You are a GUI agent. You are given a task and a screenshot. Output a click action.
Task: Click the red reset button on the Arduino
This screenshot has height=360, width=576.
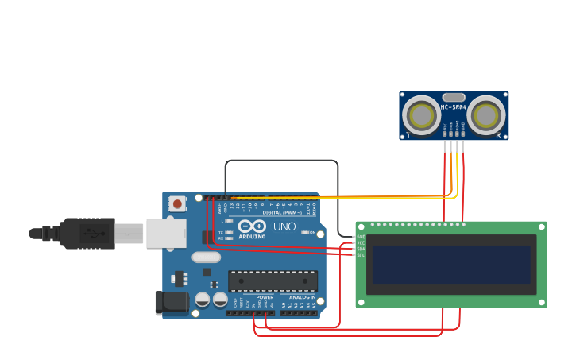point(176,204)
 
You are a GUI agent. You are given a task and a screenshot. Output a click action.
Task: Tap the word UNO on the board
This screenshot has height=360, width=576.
point(284,226)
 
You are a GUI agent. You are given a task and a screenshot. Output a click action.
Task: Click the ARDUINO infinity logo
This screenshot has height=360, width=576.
point(252,226)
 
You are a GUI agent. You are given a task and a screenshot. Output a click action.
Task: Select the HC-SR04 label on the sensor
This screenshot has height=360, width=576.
point(454,107)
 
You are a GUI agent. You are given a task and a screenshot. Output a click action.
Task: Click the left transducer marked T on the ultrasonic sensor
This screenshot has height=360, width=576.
point(420,116)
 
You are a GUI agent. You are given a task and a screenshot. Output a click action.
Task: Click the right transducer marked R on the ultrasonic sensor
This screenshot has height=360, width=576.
point(485,116)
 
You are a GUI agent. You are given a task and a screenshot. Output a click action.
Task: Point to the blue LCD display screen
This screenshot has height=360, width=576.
point(450,264)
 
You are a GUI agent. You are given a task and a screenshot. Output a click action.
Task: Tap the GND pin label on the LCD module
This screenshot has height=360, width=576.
point(361,237)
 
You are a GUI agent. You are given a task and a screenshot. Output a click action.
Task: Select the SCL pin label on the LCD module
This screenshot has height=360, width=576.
point(361,255)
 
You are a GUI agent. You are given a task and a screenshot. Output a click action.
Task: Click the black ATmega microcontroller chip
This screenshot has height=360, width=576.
point(273,281)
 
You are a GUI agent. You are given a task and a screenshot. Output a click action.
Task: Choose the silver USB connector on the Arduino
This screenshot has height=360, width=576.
point(165,233)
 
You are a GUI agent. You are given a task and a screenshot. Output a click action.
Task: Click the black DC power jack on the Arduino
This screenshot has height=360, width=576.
point(171,302)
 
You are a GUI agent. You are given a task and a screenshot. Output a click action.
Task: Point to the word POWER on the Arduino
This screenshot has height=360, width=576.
point(265,297)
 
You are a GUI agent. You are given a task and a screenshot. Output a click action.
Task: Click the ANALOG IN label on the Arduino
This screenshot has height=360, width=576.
point(302,297)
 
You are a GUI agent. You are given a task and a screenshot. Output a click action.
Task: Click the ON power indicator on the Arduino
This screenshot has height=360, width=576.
point(312,232)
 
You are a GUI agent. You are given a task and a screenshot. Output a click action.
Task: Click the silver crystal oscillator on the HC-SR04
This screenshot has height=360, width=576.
point(454,97)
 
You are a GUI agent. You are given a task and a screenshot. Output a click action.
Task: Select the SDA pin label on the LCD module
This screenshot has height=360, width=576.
point(361,249)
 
